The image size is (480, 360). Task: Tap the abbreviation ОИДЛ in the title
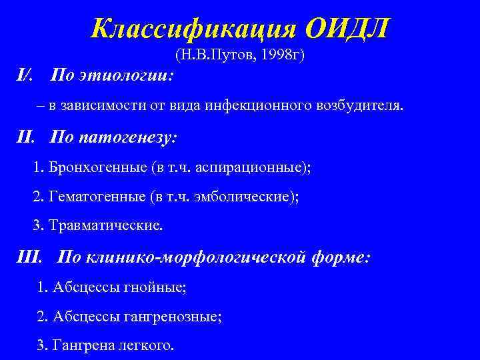point(347,28)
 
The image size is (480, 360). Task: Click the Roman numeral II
point(25,138)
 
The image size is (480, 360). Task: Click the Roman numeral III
point(29,257)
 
